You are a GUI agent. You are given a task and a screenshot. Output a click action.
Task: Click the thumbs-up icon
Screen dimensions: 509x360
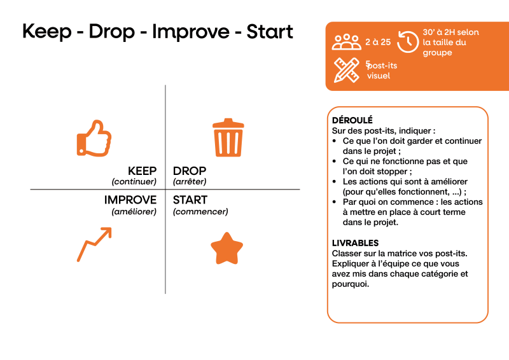click(94, 139)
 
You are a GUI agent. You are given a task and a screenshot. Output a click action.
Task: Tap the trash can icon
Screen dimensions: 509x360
click(228, 137)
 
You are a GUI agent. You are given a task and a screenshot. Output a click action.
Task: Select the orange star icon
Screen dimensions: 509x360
click(227, 248)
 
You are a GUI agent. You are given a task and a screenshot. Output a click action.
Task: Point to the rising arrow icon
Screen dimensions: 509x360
click(94, 244)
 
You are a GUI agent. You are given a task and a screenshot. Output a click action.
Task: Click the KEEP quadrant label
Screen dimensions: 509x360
click(142, 170)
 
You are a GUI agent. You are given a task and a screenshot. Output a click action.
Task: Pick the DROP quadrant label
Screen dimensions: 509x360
click(190, 170)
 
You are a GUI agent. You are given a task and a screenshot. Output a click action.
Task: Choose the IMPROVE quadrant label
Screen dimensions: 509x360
click(130, 200)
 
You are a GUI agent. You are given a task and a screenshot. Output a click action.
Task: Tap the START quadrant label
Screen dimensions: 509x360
click(190, 200)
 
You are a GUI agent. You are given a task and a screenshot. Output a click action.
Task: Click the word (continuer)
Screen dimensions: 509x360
click(134, 181)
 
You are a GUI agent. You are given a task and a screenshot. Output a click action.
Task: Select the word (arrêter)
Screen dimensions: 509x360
click(190, 181)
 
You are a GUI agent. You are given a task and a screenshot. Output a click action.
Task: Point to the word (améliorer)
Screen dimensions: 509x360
click(134, 212)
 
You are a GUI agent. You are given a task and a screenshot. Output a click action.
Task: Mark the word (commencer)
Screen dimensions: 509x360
click(200, 212)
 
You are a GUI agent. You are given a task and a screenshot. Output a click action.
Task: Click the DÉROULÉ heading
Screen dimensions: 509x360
click(352, 120)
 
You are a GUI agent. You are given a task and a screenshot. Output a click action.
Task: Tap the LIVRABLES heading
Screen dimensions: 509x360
click(355, 243)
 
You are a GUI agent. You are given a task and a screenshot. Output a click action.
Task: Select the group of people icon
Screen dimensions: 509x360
click(346, 42)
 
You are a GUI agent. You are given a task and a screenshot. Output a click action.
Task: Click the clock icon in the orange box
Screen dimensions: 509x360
click(408, 41)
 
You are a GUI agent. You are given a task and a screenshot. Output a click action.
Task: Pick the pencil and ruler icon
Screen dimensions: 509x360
click(346, 70)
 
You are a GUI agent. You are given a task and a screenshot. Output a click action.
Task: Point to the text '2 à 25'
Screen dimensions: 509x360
click(378, 42)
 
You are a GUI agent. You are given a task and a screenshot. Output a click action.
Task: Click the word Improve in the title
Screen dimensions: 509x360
click(191, 32)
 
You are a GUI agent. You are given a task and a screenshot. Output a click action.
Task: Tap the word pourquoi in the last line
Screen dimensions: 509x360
click(350, 284)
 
